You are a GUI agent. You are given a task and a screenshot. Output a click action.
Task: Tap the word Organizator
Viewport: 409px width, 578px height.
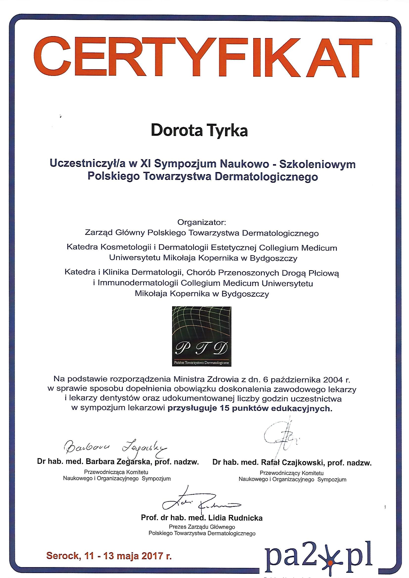point(202,222)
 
